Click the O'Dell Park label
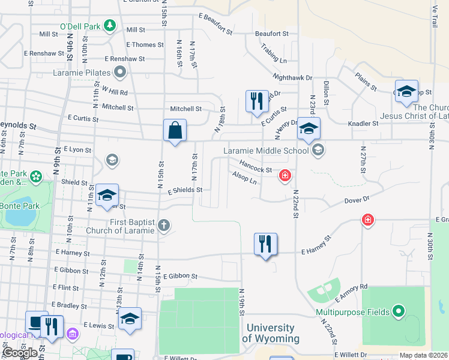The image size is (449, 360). (79, 26)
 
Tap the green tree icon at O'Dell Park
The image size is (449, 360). (109, 25)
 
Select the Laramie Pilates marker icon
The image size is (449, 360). (120, 73)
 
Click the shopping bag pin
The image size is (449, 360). (175, 130)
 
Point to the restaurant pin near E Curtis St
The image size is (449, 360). (257, 101)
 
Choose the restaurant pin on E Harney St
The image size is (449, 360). (265, 244)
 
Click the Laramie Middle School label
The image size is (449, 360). (267, 150)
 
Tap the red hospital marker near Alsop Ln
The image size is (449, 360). (285, 176)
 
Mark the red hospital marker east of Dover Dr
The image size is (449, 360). (367, 220)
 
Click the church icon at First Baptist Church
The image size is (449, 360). (164, 226)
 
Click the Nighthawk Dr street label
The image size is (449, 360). (292, 77)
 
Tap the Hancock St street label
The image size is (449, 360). (256, 166)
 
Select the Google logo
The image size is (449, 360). (20, 353)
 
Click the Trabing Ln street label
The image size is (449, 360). (274, 56)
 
